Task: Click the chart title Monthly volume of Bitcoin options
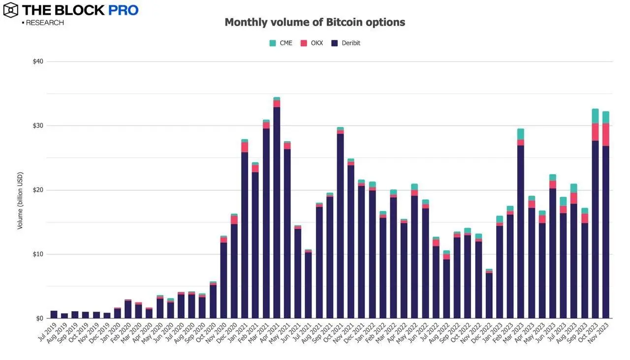tap(315, 22)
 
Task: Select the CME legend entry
tap(281, 43)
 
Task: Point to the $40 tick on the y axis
tap(38, 61)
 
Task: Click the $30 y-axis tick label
tap(38, 126)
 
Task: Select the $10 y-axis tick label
tap(38, 254)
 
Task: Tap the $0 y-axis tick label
tap(40, 318)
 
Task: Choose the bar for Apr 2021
tap(277, 211)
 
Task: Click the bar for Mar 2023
tap(521, 231)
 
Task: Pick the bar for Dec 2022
tap(489, 295)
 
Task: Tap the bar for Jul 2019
tap(54, 315)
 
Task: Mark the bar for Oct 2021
tap(341, 226)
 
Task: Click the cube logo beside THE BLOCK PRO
tap(11, 9)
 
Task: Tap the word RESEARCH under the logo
tap(44, 23)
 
